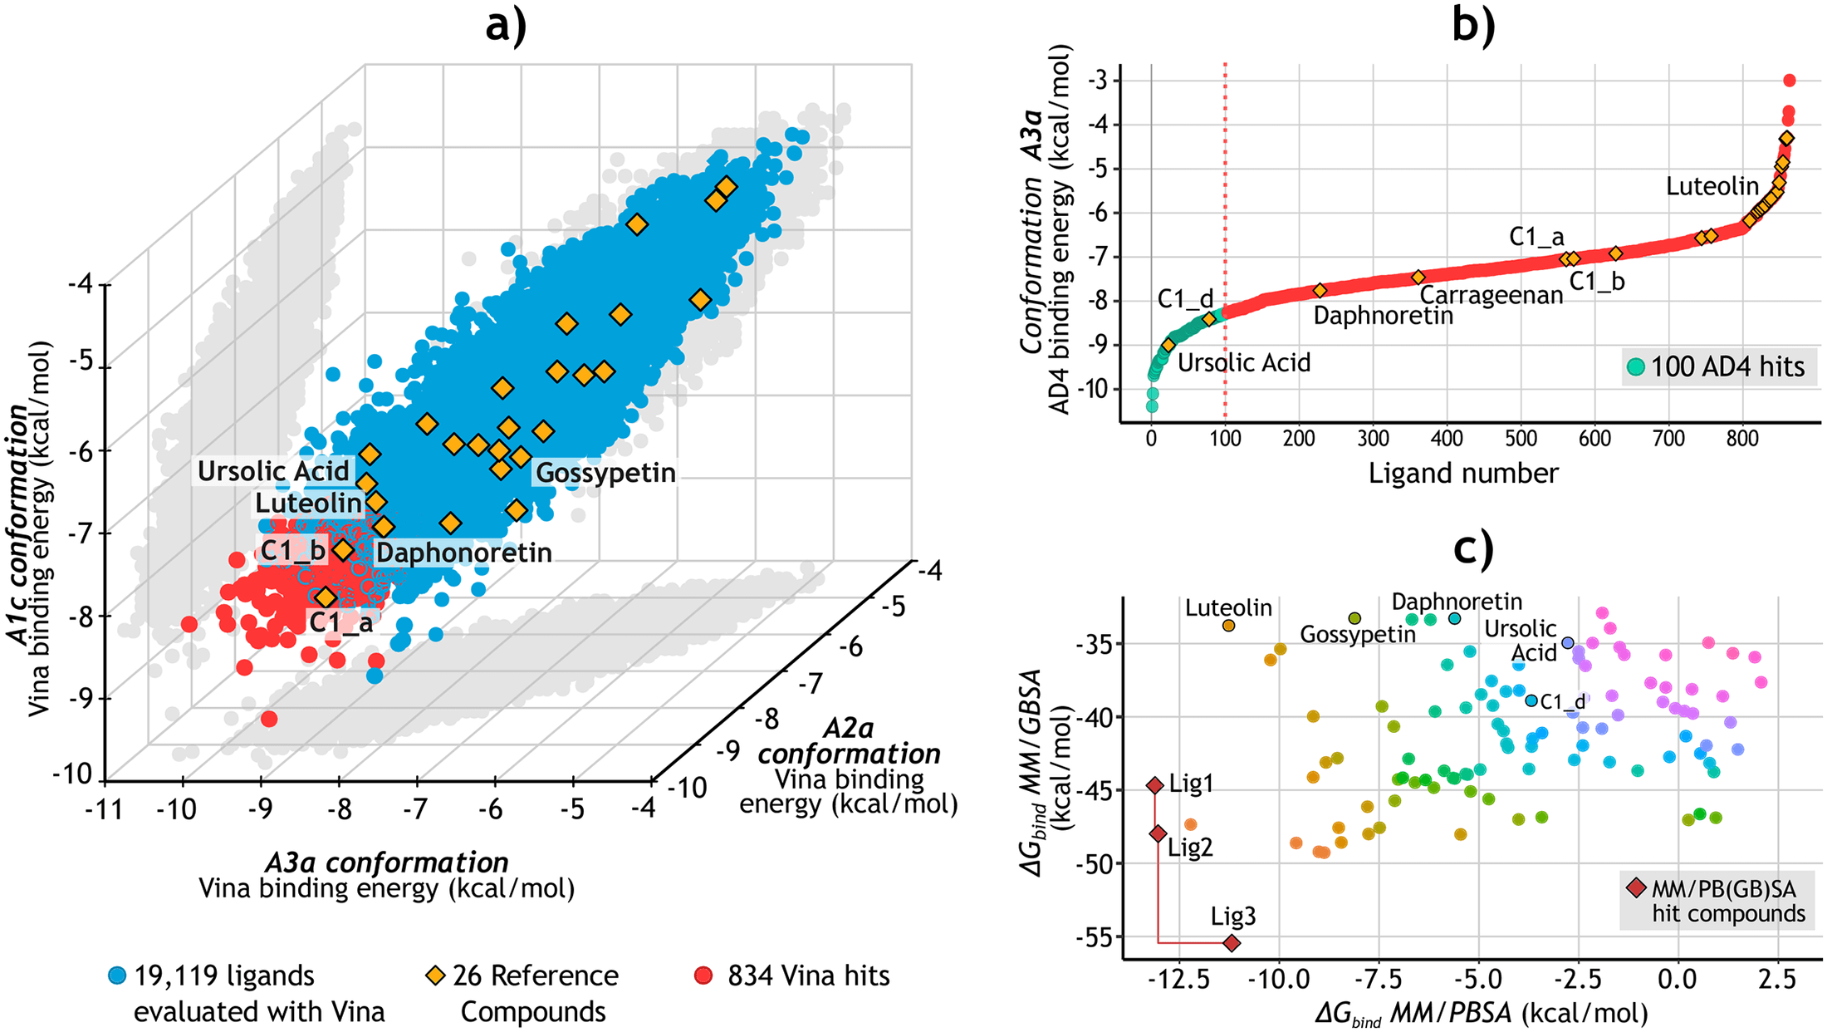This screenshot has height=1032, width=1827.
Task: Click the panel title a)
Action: pyautogui.click(x=506, y=25)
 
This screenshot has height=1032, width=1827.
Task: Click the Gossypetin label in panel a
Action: pyautogui.click(x=605, y=473)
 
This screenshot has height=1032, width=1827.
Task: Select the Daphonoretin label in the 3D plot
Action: pyautogui.click(x=463, y=553)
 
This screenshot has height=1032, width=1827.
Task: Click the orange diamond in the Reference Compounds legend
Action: pyautogui.click(x=434, y=975)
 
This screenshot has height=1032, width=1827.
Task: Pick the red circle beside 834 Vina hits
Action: pyautogui.click(x=703, y=975)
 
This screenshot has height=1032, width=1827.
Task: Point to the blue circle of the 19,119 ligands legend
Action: pyautogui.click(x=118, y=975)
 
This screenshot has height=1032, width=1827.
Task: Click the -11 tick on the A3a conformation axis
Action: pyautogui.click(x=104, y=808)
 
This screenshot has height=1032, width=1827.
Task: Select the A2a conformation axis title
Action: pyautogui.click(x=849, y=741)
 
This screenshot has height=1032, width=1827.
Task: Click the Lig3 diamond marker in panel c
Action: pyautogui.click(x=1232, y=943)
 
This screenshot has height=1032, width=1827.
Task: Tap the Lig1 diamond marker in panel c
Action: pyautogui.click(x=1155, y=785)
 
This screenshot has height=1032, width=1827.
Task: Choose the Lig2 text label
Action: pyautogui.click(x=1190, y=848)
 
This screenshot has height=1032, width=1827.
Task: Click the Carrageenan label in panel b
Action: pyautogui.click(x=1491, y=295)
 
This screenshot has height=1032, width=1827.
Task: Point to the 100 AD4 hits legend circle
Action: pyautogui.click(x=1636, y=366)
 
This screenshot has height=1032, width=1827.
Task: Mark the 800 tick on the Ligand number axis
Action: pyautogui.click(x=1742, y=438)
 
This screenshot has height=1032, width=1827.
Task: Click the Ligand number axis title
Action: pyautogui.click(x=1463, y=473)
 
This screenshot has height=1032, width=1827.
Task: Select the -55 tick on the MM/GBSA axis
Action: pyautogui.click(x=1097, y=937)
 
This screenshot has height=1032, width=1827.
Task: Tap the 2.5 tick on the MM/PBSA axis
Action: pyautogui.click(x=1776, y=979)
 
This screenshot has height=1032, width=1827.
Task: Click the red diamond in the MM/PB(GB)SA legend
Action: pyautogui.click(x=1636, y=888)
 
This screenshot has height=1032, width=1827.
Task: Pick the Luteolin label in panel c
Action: pyautogui.click(x=1228, y=608)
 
